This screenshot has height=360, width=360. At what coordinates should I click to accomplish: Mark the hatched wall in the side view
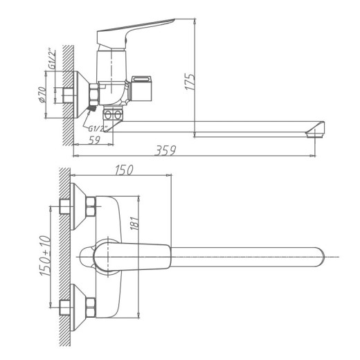point(68,90)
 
